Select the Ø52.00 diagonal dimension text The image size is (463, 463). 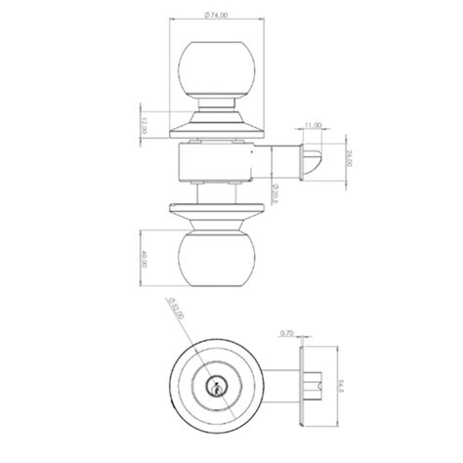click(176, 314)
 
